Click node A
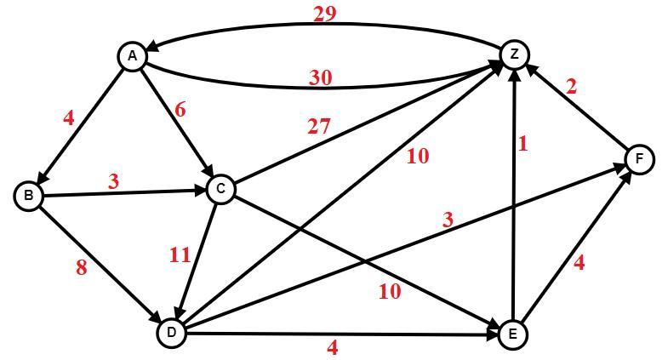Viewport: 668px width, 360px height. [x=132, y=56]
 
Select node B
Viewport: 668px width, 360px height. [x=29, y=196]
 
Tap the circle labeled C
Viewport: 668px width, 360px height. [x=220, y=189]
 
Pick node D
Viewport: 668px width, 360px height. [x=172, y=333]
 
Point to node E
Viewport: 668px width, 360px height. [x=512, y=334]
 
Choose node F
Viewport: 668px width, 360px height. [x=639, y=158]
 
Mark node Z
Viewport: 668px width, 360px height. [x=514, y=54]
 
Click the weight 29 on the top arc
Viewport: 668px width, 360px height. [x=324, y=13]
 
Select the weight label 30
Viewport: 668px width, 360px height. [x=321, y=77]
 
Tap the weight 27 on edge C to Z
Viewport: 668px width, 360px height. [x=318, y=127]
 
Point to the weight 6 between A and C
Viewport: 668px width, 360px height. [x=178, y=110]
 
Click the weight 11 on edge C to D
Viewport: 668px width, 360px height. [x=180, y=254]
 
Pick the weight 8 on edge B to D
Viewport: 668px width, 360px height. [x=82, y=267]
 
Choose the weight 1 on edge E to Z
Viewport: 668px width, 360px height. [x=522, y=144]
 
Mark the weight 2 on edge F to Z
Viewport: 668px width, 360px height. [x=571, y=86]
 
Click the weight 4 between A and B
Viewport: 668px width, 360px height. [x=69, y=118]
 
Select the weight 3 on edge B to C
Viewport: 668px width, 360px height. [x=113, y=181]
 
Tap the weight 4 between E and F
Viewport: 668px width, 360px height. [x=580, y=263]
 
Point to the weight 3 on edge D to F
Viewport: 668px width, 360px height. [x=448, y=220]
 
